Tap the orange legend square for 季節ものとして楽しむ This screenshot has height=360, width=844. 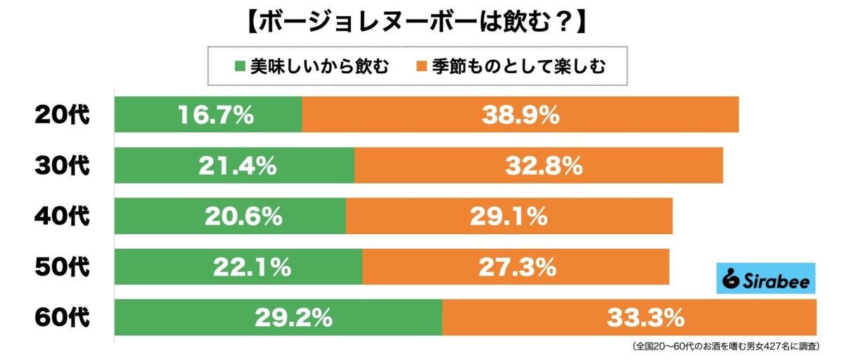[x=421, y=67]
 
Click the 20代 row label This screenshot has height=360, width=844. [x=63, y=115]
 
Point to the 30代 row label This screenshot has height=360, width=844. [x=63, y=166]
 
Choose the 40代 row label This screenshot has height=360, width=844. [x=63, y=217]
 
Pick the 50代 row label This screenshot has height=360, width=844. [x=63, y=267]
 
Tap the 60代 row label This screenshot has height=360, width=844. [x=63, y=318]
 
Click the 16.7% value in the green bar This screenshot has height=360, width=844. [x=215, y=115]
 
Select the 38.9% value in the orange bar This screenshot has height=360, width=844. [x=520, y=115]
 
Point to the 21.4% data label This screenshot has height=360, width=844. [x=237, y=167]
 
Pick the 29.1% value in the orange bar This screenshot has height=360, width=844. [x=509, y=217]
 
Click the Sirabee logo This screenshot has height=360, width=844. [x=766, y=279]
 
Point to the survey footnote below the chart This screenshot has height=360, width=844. [x=731, y=347]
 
